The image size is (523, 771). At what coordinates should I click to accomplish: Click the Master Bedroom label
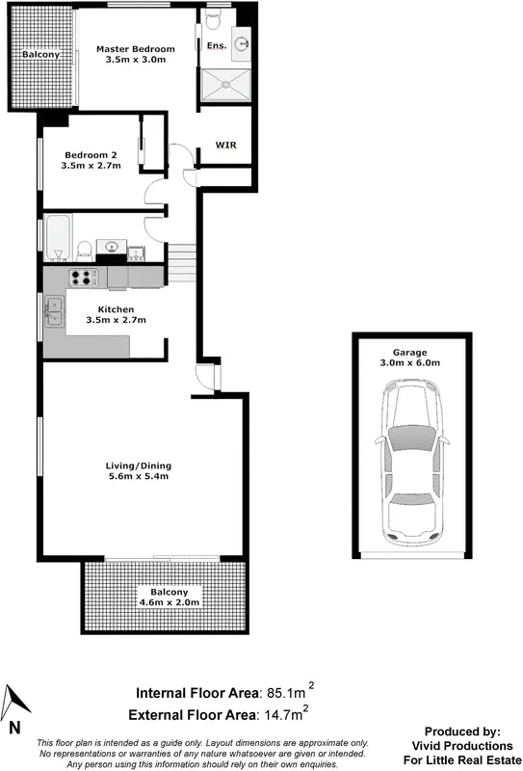(135, 54)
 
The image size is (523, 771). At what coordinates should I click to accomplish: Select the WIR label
(225, 146)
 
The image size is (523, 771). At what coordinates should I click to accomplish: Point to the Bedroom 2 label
(92, 160)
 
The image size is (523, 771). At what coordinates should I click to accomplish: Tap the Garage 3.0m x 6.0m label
(415, 358)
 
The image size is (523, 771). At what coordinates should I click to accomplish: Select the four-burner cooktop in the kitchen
(83, 278)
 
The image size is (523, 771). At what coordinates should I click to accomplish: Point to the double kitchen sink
(52, 311)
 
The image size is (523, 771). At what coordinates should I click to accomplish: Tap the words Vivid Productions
(469, 746)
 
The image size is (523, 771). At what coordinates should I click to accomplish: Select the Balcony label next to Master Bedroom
(42, 55)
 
